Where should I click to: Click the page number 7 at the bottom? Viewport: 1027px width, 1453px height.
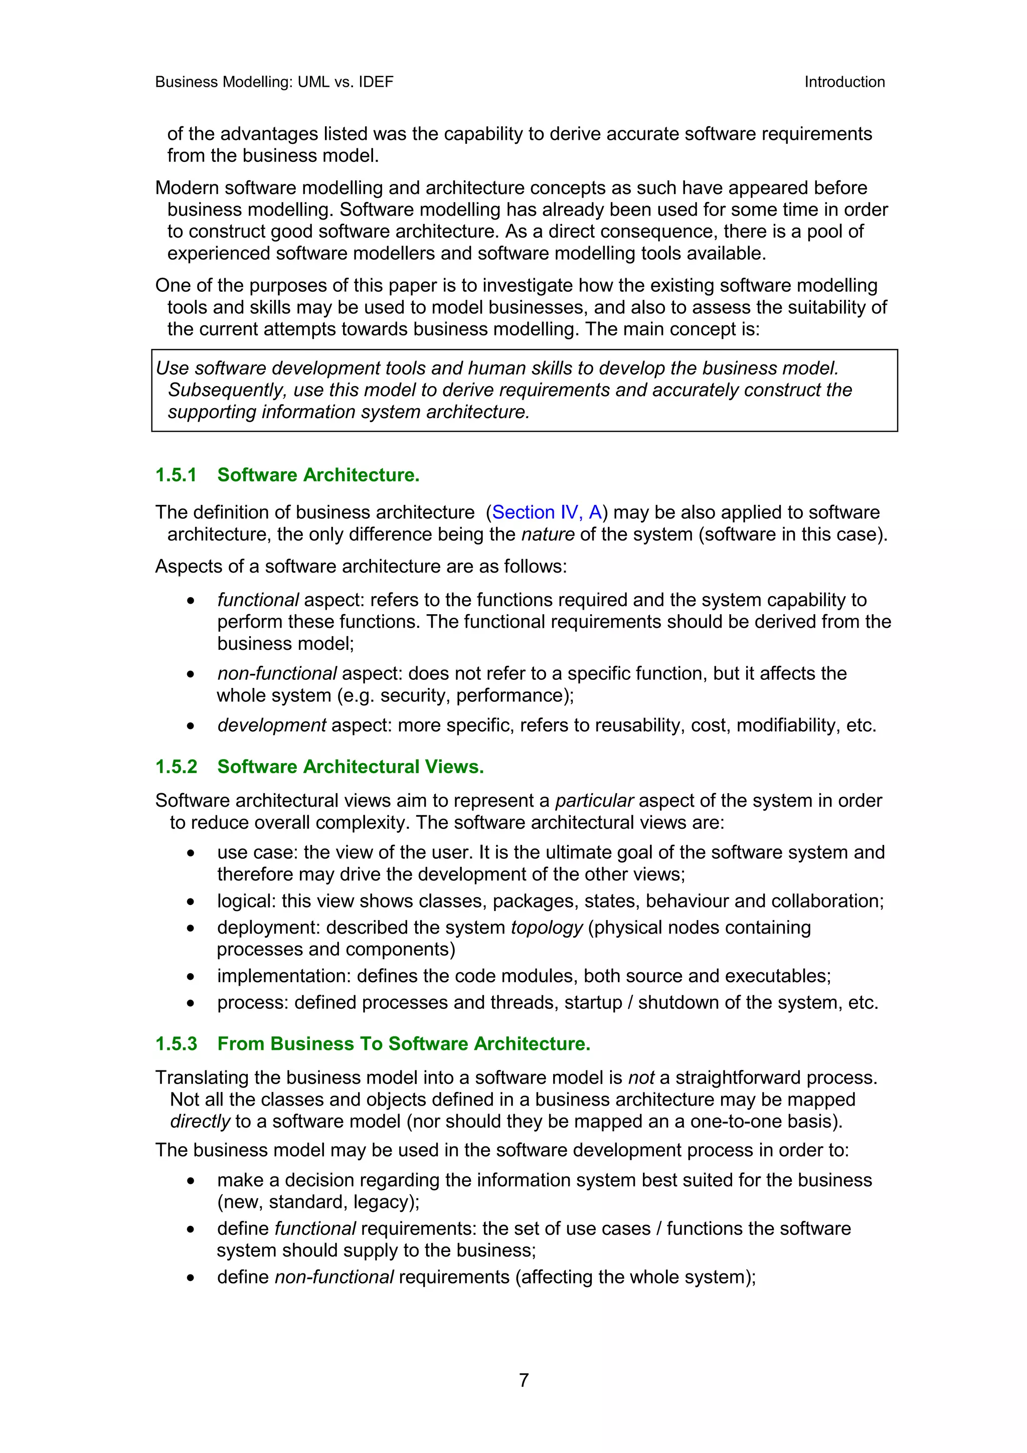pos(524,1380)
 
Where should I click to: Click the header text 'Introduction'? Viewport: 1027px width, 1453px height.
pos(844,82)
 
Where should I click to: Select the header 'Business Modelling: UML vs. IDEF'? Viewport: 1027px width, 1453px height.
pos(274,82)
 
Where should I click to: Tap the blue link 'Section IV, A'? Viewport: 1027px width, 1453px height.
pos(546,512)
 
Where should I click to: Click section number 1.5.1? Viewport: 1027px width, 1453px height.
pos(176,475)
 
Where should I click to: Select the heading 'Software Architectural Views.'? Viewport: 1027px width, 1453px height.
pos(351,767)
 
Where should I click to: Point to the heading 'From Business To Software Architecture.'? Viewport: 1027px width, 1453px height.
pos(404,1043)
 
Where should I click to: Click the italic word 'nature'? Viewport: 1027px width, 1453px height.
pos(548,534)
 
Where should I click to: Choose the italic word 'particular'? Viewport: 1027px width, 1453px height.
pos(594,801)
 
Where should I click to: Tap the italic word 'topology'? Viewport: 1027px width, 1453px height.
pos(546,928)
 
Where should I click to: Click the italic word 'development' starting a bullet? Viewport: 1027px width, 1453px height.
pos(271,725)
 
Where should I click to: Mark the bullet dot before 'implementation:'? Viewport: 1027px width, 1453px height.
pos(191,977)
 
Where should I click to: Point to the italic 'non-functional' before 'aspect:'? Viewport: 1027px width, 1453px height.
pos(276,673)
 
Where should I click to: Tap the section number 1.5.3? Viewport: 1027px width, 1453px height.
pos(176,1043)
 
